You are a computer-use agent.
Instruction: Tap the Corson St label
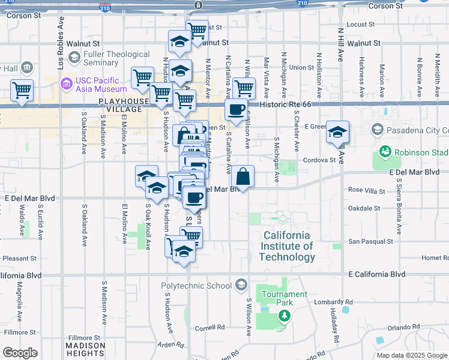(x=385, y=6)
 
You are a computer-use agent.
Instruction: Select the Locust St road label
(x=360, y=25)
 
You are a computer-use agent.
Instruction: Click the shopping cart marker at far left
(x=22, y=91)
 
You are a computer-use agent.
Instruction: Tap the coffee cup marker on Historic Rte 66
(x=236, y=110)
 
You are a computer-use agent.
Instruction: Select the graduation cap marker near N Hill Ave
(x=338, y=131)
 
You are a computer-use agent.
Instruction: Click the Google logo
(x=20, y=353)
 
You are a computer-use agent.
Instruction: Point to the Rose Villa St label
(x=366, y=190)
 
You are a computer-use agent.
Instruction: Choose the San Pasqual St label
(x=372, y=241)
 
